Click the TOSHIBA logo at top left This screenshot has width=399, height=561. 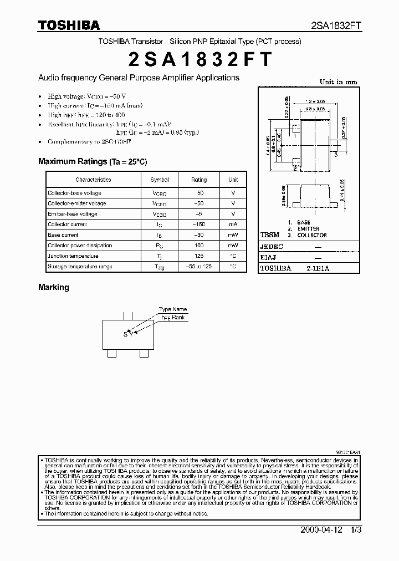[x=69, y=24]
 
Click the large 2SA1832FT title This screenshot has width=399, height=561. [x=199, y=59]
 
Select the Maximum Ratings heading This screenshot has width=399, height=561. [x=93, y=161]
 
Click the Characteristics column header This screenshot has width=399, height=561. [x=93, y=180]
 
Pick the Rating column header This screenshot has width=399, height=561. [x=199, y=180]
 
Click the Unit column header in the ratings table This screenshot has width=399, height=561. [x=233, y=180]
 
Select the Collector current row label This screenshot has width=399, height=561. [x=68, y=225]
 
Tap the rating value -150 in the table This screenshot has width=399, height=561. [x=199, y=225]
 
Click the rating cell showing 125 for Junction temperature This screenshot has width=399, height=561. [x=199, y=256]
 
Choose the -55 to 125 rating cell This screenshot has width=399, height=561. [x=199, y=267]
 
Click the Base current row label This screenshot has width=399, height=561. [x=63, y=235]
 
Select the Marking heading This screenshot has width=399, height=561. [x=54, y=287]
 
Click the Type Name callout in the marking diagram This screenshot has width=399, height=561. [x=173, y=309]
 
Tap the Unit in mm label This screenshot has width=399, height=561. [x=338, y=82]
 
